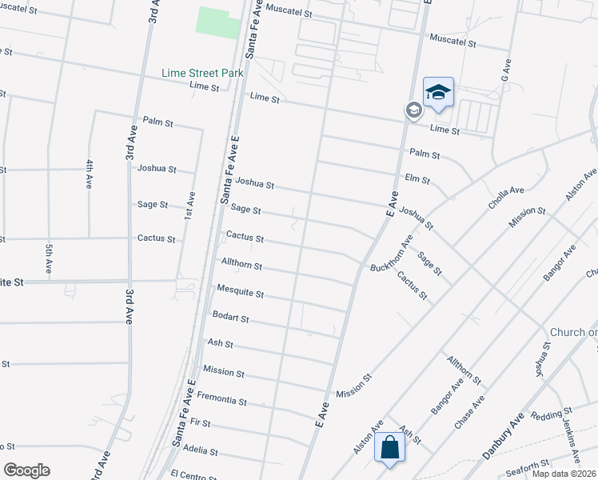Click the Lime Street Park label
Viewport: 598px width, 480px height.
click(202, 73)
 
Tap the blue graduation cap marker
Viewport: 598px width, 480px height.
click(438, 94)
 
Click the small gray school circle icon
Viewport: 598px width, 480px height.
click(413, 110)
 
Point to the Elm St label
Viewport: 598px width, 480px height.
click(417, 180)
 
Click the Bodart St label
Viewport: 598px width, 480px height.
click(231, 318)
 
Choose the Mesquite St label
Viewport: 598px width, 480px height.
click(240, 294)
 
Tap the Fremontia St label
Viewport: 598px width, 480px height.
click(221, 398)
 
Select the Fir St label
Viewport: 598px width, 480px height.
click(201, 422)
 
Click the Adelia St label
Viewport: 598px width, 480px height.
click(201, 451)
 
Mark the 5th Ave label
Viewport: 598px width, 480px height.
click(49, 258)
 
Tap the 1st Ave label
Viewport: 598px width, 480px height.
click(190, 206)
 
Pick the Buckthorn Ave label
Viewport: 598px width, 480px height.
click(391, 254)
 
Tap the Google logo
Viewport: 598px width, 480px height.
click(26, 470)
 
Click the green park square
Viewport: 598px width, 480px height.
click(218, 22)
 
